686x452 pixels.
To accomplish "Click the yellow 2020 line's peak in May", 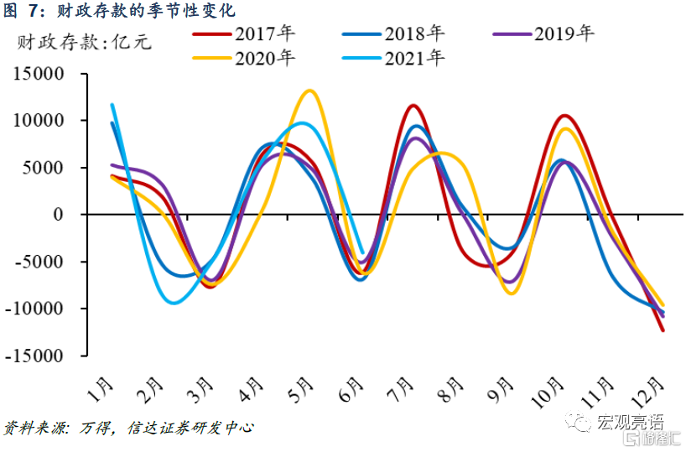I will click(310, 91).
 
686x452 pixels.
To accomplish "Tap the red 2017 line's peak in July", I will click(413, 106).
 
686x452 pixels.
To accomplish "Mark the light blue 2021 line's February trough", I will click(174, 302).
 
